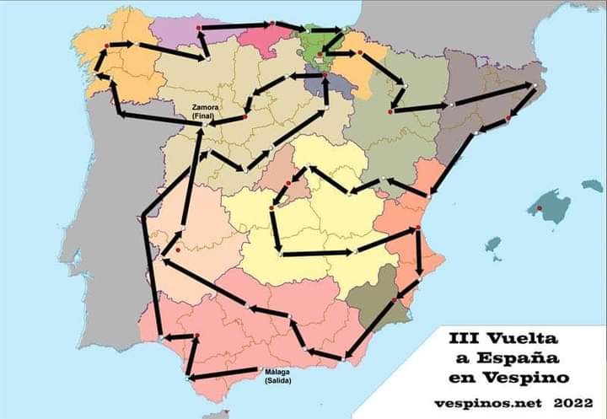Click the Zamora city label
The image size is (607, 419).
pyautogui.click(x=207, y=108)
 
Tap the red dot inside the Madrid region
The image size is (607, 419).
pyautogui.click(x=288, y=182)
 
